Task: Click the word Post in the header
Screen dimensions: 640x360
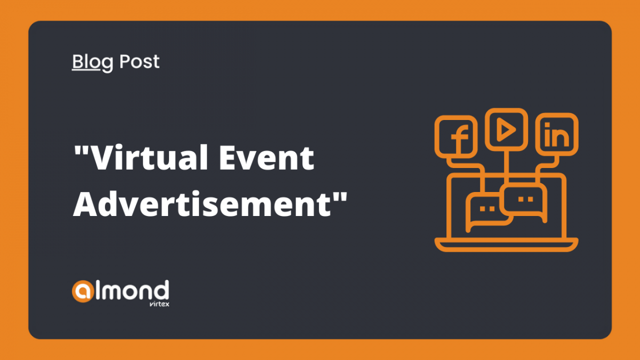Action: point(139,61)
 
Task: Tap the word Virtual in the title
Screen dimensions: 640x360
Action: point(150,157)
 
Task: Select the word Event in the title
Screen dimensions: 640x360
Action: point(266,157)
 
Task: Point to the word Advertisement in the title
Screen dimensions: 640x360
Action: point(202,204)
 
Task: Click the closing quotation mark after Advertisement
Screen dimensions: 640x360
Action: point(340,197)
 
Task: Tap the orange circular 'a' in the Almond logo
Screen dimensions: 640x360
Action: point(83,291)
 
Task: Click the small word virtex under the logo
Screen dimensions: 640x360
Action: point(159,303)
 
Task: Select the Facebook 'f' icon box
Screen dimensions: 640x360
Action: point(455,137)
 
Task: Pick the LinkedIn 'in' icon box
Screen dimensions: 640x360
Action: point(557,134)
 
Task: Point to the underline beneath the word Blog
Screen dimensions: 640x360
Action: point(86,69)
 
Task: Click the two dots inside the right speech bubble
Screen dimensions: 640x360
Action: point(526,199)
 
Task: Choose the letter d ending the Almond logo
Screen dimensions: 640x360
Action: point(162,290)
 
